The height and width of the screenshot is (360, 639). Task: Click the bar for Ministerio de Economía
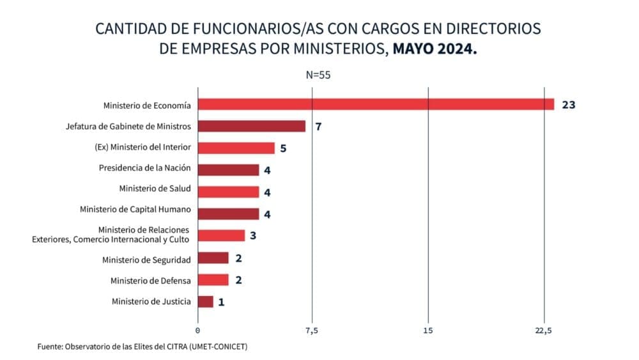click(x=376, y=104)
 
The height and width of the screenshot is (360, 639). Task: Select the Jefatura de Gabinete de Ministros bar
click(x=252, y=126)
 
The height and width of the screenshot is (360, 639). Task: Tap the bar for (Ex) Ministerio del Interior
click(x=236, y=148)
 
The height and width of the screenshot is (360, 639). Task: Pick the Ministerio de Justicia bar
click(x=206, y=301)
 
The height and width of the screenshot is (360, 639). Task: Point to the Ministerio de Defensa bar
click(x=213, y=279)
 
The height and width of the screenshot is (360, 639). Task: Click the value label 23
click(x=569, y=104)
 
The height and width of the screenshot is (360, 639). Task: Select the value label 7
click(x=318, y=126)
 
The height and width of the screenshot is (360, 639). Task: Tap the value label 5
click(x=283, y=148)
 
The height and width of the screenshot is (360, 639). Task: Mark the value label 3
click(x=253, y=235)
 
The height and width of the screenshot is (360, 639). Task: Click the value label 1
click(x=221, y=302)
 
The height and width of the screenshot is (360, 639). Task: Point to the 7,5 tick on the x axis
click(x=312, y=330)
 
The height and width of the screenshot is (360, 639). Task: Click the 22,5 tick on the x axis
click(x=544, y=330)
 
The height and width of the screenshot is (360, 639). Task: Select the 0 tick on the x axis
click(x=197, y=330)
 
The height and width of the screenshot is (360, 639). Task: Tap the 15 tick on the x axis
click(x=428, y=330)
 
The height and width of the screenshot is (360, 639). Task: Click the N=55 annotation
click(x=318, y=75)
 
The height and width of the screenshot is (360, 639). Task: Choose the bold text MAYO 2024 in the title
click(x=435, y=49)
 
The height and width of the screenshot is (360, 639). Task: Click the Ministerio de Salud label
click(x=155, y=189)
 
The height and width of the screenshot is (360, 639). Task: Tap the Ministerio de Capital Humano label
click(x=135, y=209)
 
